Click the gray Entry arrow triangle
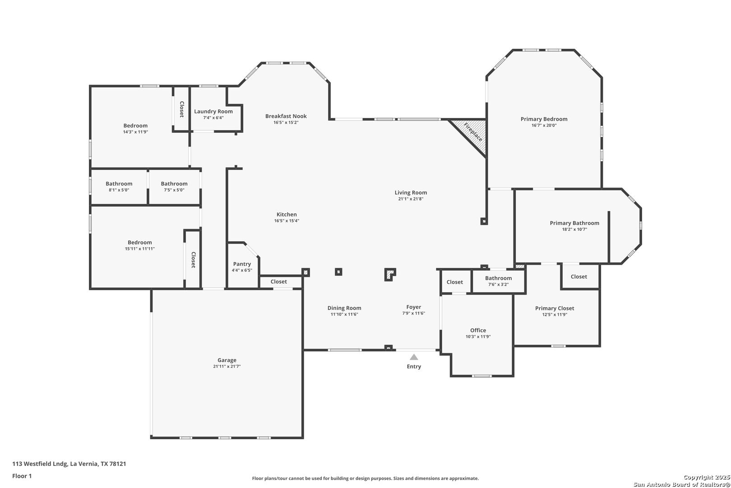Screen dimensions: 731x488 (414, 357)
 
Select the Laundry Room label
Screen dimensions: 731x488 (213, 112)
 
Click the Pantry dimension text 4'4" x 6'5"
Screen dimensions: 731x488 (242, 270)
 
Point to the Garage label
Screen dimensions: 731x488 (227, 360)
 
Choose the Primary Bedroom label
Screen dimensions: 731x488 (544, 119)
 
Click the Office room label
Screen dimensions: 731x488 (478, 330)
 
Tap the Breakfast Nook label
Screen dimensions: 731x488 (286, 116)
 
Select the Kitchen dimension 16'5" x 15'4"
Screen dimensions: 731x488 (287, 221)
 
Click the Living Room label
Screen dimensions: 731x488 (411, 192)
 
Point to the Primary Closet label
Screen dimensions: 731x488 (555, 308)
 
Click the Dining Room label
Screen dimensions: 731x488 (344, 308)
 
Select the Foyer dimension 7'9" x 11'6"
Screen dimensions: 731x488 (413, 313)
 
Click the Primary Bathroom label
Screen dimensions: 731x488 (574, 223)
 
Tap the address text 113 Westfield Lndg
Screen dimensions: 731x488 (40, 464)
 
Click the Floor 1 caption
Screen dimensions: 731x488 (22, 476)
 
